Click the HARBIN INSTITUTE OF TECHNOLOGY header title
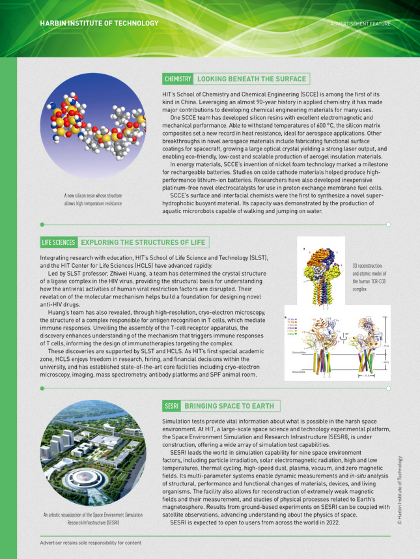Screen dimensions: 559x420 coord(98,23)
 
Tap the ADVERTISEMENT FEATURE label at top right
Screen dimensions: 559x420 coord(371,23)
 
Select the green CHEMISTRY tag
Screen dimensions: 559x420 coord(178,79)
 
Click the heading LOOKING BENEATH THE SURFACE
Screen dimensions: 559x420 coord(251,79)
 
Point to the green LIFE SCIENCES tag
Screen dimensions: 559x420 coord(59,242)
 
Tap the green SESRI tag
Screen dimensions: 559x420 coord(172,406)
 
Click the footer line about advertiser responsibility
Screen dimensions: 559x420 coord(91,542)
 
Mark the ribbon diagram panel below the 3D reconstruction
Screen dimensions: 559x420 coord(337,346)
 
